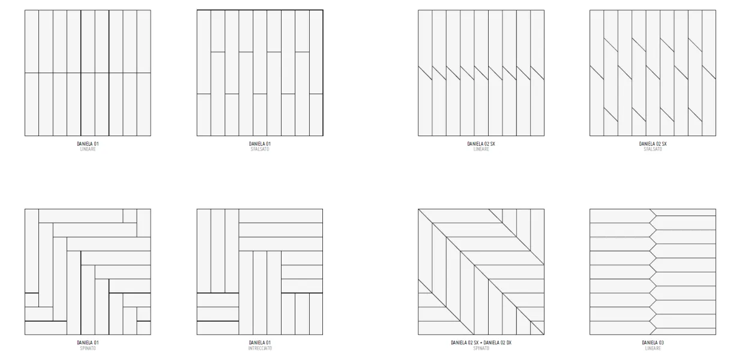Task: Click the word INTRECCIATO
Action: point(260,348)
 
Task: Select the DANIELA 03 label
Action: point(653,343)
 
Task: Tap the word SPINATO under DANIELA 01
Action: point(88,348)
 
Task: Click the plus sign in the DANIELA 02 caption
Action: point(481,343)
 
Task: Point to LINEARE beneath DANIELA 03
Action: point(653,348)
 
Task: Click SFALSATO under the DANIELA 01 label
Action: point(260,149)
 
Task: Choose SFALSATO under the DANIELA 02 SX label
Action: point(653,149)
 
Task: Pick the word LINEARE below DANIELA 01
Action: point(88,149)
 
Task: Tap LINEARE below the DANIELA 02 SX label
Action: point(481,149)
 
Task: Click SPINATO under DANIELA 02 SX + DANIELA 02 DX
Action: point(481,348)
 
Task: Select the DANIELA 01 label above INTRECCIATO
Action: point(260,343)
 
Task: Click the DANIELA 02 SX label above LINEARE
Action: point(481,144)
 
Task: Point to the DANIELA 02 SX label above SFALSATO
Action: point(653,144)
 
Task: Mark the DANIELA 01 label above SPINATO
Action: point(88,343)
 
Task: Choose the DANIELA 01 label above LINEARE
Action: point(88,144)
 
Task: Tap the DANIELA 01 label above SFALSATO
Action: point(260,144)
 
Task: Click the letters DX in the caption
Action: point(509,343)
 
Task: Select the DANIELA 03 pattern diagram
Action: point(653,272)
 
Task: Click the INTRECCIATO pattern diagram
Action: point(260,272)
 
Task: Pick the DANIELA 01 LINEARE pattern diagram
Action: point(88,73)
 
